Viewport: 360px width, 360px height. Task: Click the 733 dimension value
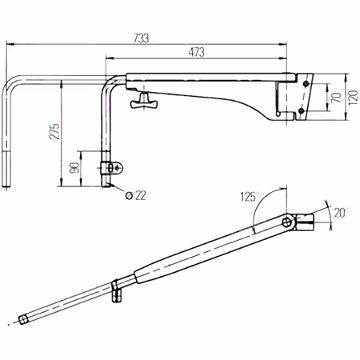(141, 38)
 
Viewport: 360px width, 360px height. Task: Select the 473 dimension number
(197, 52)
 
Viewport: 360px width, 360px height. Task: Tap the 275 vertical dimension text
(54, 131)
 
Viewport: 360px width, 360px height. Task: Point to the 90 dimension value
(74, 167)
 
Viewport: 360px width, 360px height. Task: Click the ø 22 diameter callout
(135, 196)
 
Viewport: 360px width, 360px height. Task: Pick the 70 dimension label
(336, 98)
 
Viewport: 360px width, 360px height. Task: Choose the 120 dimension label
(353, 98)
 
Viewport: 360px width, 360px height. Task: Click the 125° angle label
(250, 197)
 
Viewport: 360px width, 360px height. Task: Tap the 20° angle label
(342, 213)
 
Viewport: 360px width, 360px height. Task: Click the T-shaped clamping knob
(144, 101)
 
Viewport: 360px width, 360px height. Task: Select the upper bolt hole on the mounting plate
(306, 84)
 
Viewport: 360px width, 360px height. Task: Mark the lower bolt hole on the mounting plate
(301, 110)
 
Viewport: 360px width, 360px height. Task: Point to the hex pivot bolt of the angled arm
(286, 222)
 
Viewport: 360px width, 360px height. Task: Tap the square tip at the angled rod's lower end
(23, 319)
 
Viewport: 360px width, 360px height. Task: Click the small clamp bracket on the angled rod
(116, 291)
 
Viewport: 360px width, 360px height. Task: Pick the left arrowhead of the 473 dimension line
(110, 58)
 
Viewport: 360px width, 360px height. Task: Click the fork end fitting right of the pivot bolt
(304, 222)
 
